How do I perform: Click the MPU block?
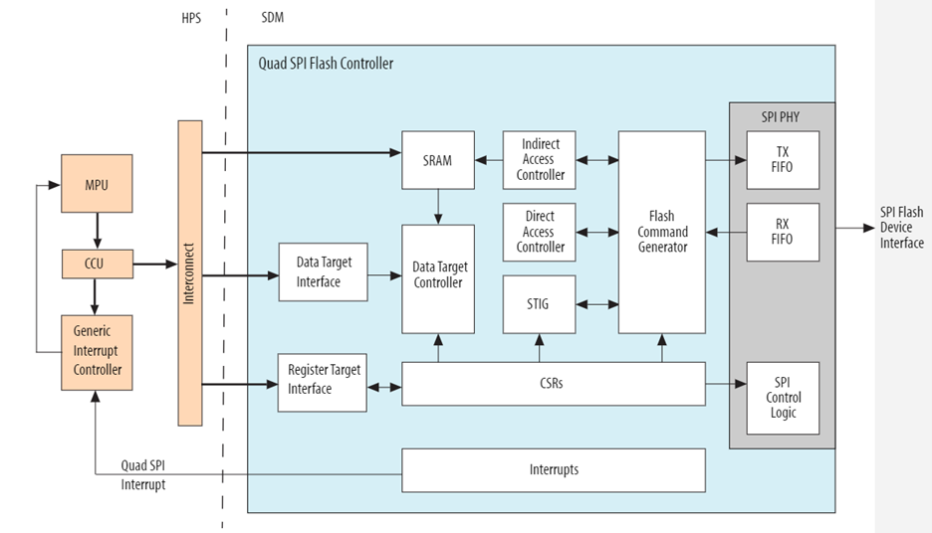(97, 184)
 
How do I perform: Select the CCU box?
(97, 265)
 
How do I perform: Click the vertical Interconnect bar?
(189, 272)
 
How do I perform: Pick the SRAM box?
(438, 160)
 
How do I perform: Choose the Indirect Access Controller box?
(540, 160)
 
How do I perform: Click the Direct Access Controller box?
(540, 232)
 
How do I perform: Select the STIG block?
(540, 304)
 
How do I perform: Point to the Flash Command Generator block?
(661, 232)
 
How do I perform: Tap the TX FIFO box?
(783, 160)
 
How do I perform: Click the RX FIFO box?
(783, 232)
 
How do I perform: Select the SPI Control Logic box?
(783, 398)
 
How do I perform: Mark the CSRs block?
(553, 384)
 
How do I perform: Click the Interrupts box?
(553, 469)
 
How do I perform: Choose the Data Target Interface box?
(324, 272)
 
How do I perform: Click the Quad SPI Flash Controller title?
(326, 64)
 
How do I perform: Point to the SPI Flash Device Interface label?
(901, 228)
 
